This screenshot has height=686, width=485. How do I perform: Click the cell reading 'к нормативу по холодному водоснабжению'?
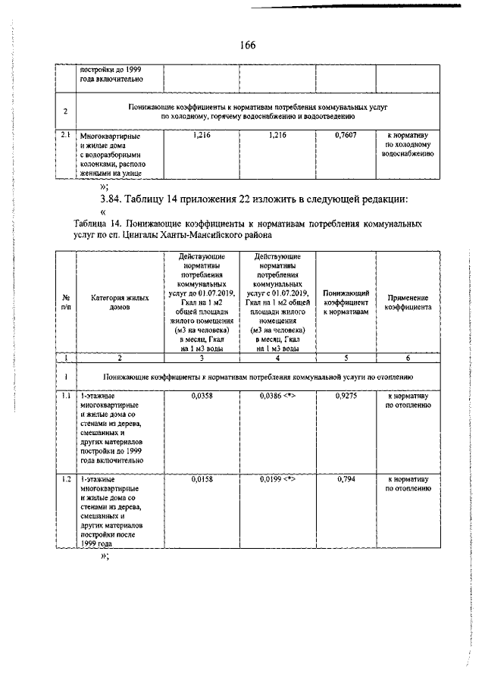pyautogui.click(x=408, y=143)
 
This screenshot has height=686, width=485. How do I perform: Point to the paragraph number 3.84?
pyautogui.click(x=112, y=199)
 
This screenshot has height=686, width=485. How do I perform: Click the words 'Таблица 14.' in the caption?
pyautogui.click(x=98, y=224)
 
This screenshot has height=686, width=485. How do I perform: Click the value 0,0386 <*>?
pyautogui.click(x=277, y=396)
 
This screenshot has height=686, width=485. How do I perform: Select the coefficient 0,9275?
pyautogui.click(x=346, y=396)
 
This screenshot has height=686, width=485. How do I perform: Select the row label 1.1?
pyautogui.click(x=66, y=396)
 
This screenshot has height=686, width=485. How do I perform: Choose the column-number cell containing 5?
pyautogui.click(x=346, y=356)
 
